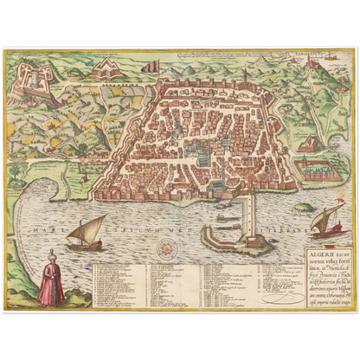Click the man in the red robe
51,280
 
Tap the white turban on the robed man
51,254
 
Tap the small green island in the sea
302,208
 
